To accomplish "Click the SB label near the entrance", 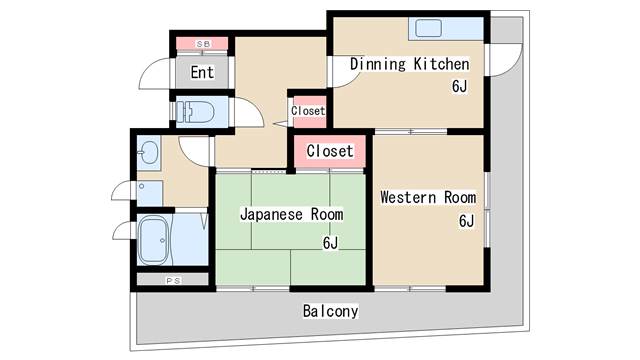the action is click(x=202, y=44).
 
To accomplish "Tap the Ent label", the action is click(x=202, y=72).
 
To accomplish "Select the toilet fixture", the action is click(x=195, y=112).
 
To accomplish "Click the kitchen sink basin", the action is click(x=428, y=29).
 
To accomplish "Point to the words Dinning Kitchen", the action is click(x=409, y=64).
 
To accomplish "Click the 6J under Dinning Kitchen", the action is click(x=459, y=86).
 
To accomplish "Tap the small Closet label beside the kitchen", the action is click(x=308, y=111).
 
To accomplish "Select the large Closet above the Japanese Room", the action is click(x=330, y=151).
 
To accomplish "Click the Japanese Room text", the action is click(x=291, y=214).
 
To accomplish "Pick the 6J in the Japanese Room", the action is click(x=330, y=243).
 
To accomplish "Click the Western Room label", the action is click(x=428, y=198).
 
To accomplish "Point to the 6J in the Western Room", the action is click(x=466, y=221).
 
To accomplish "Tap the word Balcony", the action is click(x=331, y=311).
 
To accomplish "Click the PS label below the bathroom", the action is click(x=173, y=281).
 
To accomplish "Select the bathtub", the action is click(x=154, y=240).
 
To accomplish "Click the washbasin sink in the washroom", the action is click(x=149, y=152).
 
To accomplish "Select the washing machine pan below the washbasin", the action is click(x=150, y=193).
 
